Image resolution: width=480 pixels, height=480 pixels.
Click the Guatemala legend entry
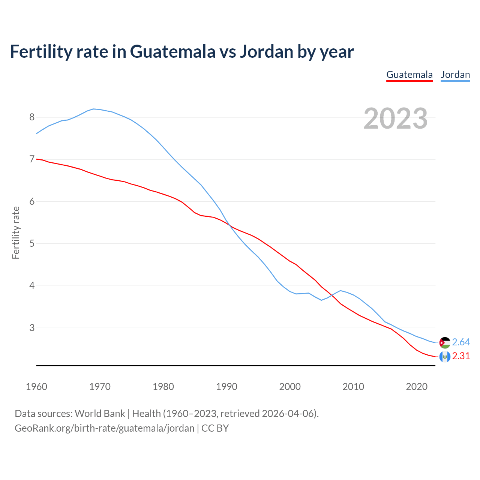(x=409, y=75)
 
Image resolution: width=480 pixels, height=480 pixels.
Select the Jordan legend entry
(x=455, y=75)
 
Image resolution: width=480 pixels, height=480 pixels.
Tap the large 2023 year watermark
(x=396, y=118)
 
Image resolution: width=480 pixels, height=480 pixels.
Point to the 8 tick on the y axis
(x=32, y=117)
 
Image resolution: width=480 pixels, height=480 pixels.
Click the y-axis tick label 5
(x=32, y=244)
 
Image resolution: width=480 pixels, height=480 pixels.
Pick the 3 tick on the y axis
(x=32, y=328)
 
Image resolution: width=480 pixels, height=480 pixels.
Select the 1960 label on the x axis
(x=36, y=387)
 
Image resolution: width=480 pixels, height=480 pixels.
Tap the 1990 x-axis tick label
(x=226, y=387)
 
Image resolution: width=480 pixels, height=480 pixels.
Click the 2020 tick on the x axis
(x=417, y=387)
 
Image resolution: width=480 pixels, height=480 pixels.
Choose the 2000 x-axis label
(x=290, y=387)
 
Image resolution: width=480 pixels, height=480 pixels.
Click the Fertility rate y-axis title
(x=16, y=232)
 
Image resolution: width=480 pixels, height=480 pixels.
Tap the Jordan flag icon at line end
(x=445, y=342)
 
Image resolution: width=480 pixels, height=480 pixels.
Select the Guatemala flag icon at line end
(x=445, y=356)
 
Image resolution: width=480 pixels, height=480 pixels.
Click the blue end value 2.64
(x=461, y=342)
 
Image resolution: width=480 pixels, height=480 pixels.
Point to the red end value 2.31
(x=461, y=356)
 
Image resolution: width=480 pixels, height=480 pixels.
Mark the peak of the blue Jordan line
(x=93, y=109)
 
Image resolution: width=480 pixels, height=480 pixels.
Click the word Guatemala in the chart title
(x=173, y=51)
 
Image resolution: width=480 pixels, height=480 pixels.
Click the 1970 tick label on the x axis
(x=100, y=387)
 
